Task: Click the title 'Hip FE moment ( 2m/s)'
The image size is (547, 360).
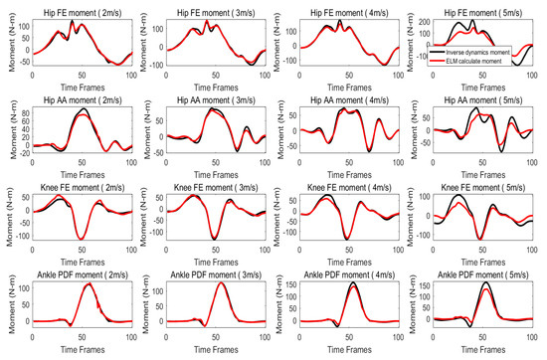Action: point(83,8)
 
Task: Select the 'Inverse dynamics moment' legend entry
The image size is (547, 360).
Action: point(503,50)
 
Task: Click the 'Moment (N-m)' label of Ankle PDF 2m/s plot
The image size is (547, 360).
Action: point(8,310)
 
